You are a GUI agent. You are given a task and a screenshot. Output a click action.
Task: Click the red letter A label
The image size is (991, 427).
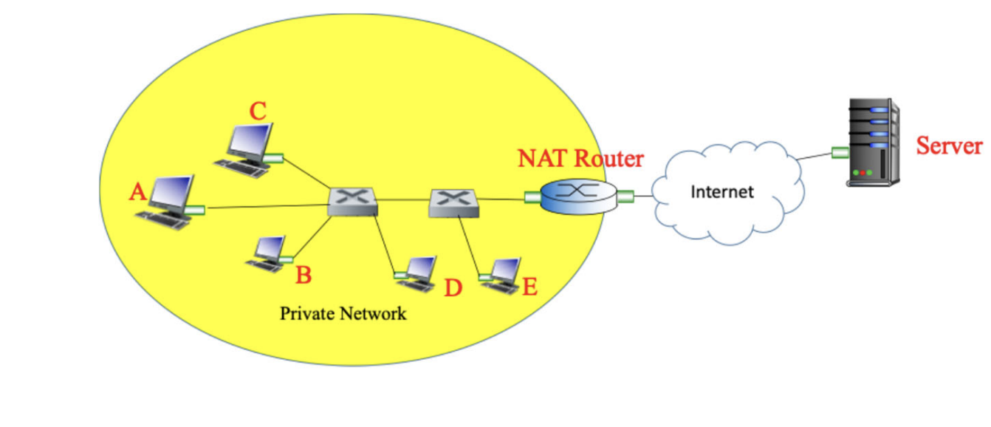coord(137,193)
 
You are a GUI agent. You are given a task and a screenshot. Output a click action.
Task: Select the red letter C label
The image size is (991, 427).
coord(257,112)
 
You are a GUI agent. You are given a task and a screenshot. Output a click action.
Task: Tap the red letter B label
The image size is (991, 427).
coord(303,276)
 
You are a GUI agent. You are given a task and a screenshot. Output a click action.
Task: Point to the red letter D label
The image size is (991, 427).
coord(452,288)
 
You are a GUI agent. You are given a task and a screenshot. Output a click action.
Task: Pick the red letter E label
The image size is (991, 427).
coord(529,287)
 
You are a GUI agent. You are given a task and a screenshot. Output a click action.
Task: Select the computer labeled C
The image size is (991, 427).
coord(245,148)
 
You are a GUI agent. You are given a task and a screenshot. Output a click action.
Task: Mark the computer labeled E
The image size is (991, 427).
coord(501,274)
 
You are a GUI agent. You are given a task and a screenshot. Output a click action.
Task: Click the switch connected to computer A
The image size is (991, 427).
coord(353,201)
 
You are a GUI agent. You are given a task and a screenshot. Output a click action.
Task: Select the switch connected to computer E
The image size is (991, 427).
coord(453,202)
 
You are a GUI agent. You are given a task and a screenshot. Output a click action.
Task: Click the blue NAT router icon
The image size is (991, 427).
coord(577,195)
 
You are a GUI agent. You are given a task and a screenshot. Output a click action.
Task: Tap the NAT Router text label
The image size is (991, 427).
coord(580,158)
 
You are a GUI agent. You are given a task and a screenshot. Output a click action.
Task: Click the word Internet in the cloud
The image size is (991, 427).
coord(721,192)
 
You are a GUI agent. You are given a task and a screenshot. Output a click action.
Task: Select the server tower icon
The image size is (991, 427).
coord(874,142)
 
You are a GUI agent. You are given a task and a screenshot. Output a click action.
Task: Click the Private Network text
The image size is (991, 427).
coord(343,314)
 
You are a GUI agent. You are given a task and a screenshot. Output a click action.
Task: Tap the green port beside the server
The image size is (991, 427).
coord(839,153)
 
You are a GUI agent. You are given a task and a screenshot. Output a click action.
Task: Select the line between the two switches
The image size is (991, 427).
coord(403,199)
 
